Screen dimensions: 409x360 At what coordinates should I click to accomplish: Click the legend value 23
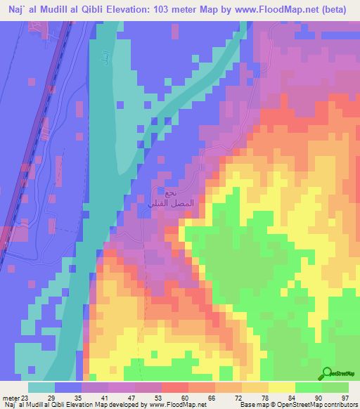pyautogui.click(x=25, y=397)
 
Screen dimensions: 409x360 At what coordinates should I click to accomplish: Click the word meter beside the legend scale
pyautogui.click(x=11, y=397)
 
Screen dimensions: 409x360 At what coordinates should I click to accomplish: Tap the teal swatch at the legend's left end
pyautogui.click(x=41, y=387)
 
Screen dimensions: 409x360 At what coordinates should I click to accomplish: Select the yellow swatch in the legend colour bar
pyautogui.click(x=282, y=387)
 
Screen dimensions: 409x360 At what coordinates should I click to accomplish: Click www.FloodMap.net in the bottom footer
pyautogui.click(x=176, y=405)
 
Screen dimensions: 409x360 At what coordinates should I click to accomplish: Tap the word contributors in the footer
pyautogui.click(x=340, y=405)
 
